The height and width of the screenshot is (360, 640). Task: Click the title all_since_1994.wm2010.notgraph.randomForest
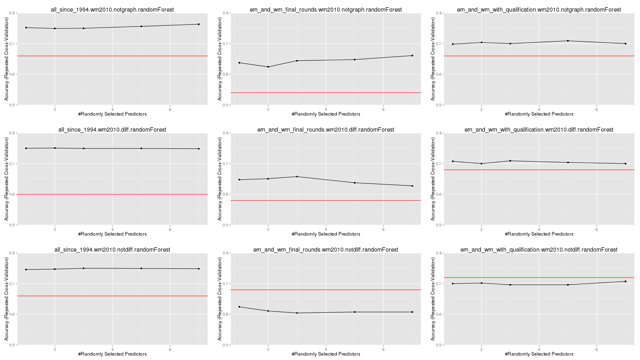click(x=112, y=10)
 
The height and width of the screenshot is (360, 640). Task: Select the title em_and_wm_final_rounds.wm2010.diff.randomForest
click(x=326, y=130)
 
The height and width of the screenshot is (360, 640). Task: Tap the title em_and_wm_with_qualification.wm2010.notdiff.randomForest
click(x=539, y=250)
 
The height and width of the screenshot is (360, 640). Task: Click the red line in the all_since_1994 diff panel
click(x=112, y=194)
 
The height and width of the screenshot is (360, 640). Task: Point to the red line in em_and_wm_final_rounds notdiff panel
click(x=326, y=290)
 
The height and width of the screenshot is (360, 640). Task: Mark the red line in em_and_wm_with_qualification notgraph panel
click(x=539, y=56)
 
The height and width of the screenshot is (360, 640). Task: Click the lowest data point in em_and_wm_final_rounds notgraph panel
click(x=268, y=67)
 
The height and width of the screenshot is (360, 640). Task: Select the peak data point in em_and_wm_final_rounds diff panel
click(x=297, y=176)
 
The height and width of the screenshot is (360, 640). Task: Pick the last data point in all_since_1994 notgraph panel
click(x=199, y=24)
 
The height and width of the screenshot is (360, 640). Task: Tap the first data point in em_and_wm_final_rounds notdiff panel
click(x=239, y=307)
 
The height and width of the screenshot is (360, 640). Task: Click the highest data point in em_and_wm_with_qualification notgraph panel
click(x=568, y=41)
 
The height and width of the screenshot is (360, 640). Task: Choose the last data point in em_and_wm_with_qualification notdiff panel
click(x=626, y=282)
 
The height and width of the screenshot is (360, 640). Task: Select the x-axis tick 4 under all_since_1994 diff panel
click(x=112, y=229)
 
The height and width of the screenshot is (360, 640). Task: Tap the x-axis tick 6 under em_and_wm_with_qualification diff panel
click(x=596, y=229)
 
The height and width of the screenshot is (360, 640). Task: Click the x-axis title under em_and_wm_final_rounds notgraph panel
click(x=326, y=114)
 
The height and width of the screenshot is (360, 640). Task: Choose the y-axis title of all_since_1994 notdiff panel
click(x=6, y=299)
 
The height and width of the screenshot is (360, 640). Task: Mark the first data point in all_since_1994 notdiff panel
click(x=26, y=270)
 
